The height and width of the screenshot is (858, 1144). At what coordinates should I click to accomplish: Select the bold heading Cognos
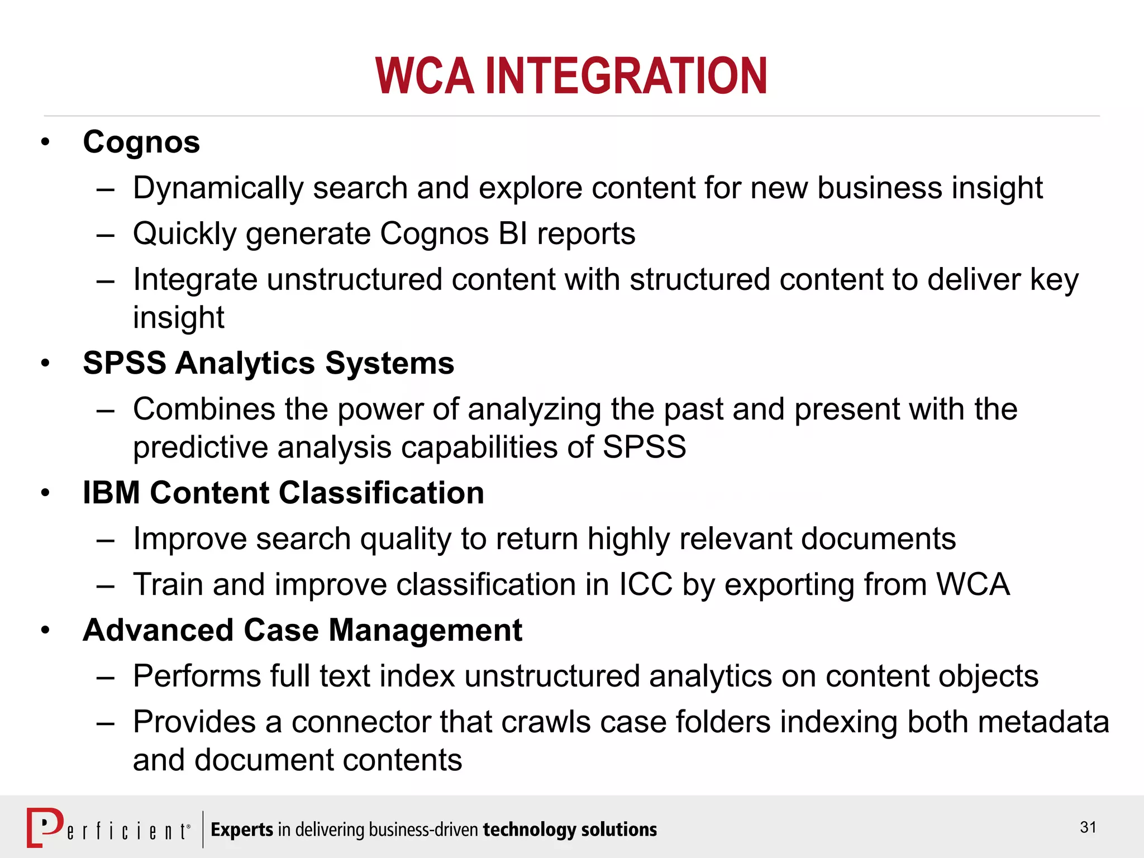pos(141,142)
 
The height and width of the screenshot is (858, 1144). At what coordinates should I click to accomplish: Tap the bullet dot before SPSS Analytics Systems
pos(45,364)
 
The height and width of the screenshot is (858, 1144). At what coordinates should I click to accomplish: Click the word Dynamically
pos(217,188)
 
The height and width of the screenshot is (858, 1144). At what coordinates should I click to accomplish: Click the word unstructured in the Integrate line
pos(354,279)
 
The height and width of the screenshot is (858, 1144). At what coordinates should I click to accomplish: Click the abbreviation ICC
pos(645,584)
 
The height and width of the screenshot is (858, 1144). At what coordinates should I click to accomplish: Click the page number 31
pos(1088,827)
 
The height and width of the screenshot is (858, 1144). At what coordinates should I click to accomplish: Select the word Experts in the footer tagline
pos(242,830)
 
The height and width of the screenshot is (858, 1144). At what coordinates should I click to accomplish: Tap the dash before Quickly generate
pos(105,235)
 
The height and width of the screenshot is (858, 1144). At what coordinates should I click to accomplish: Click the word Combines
pos(204,409)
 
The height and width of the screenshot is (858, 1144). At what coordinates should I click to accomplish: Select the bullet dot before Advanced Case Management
pos(45,631)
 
